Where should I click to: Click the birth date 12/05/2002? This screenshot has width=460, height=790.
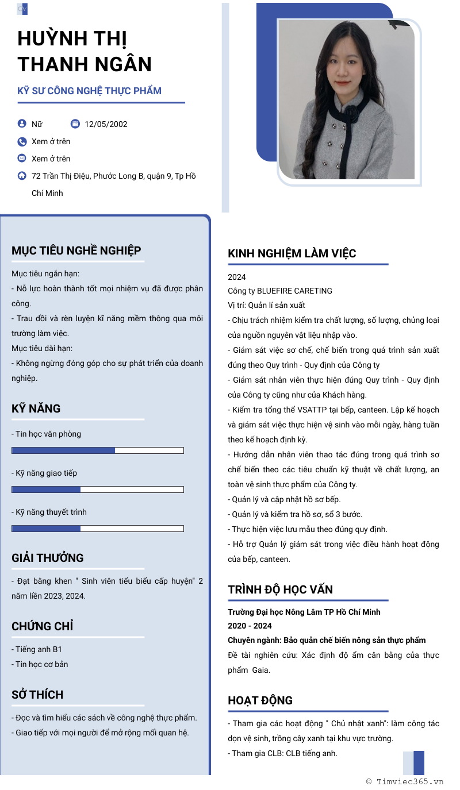[x=106, y=124]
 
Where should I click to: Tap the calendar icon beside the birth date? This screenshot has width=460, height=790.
[x=75, y=124]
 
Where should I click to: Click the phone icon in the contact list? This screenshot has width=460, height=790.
[x=22, y=141]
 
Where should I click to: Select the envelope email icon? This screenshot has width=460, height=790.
[x=22, y=158]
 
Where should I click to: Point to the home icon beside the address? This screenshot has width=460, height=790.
[x=22, y=176]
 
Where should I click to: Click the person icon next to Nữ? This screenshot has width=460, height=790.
[x=22, y=124]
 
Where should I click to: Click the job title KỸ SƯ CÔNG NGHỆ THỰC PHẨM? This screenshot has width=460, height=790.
[x=89, y=91]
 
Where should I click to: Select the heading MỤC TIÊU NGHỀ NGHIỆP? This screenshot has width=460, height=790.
[x=76, y=251]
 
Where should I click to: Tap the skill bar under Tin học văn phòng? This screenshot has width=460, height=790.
[x=97, y=450]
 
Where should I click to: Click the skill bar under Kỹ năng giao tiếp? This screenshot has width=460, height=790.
[x=97, y=490]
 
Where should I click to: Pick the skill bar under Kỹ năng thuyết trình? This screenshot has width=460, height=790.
[x=97, y=529]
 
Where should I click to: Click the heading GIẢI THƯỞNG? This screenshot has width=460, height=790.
[x=47, y=558]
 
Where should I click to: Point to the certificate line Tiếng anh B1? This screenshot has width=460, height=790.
[x=37, y=649]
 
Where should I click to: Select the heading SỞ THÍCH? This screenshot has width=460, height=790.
[x=37, y=695]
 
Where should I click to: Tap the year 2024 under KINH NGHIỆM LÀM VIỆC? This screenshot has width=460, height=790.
[x=236, y=277]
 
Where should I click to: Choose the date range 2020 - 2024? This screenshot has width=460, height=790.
[x=250, y=626]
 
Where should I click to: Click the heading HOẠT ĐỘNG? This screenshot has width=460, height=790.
[x=260, y=700]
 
